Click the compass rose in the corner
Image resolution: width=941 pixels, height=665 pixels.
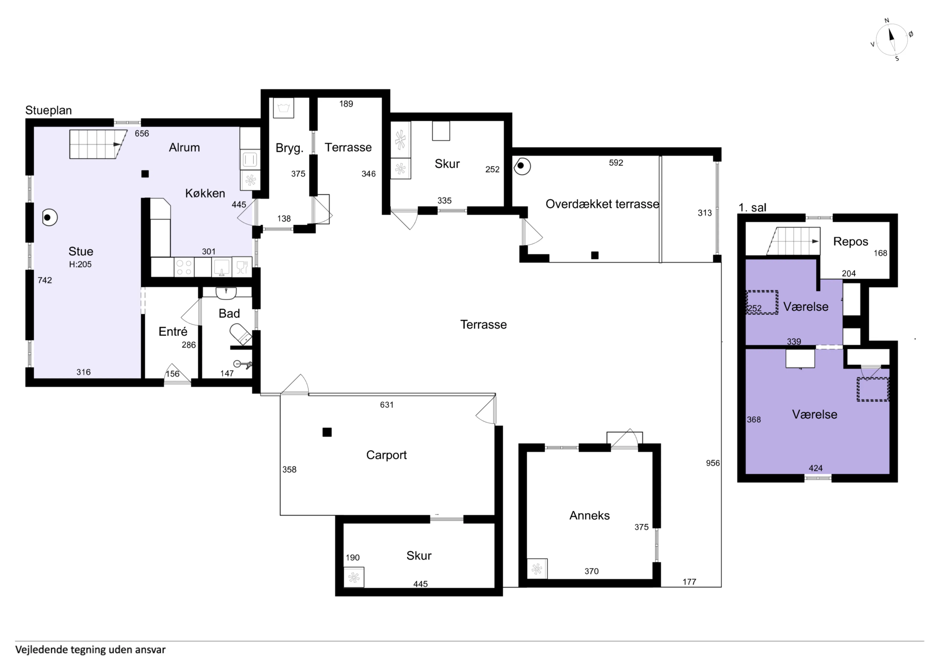point(891,40)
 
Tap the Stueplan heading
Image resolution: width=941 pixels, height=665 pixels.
point(48,110)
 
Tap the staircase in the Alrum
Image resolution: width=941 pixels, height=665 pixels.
point(98,144)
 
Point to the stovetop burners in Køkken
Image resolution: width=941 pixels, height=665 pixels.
point(184,267)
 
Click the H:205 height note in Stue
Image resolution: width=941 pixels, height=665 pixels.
point(80,265)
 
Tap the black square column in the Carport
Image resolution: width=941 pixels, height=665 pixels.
point(327,432)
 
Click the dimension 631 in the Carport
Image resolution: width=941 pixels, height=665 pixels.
point(386,405)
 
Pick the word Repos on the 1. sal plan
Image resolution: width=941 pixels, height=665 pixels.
point(850,242)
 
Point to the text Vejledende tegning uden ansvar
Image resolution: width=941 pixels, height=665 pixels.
point(91,650)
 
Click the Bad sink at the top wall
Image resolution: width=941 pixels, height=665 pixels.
point(226,292)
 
